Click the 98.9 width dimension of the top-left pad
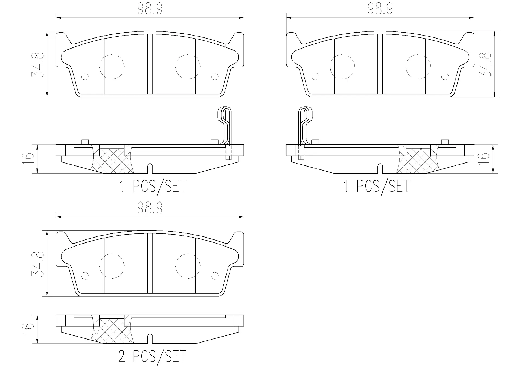[x=150, y=9]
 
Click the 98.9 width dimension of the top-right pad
[x=380, y=9]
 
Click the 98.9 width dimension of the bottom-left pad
[x=150, y=208]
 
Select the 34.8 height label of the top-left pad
[x=38, y=65]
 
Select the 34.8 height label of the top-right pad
[x=485, y=65]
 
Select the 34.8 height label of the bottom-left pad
[x=38, y=264]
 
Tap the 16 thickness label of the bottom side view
[x=28, y=329]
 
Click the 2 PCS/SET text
[x=152, y=356]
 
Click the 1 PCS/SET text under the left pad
[x=153, y=186]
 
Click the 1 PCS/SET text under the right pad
[x=377, y=186]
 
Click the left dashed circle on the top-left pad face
[x=112, y=66]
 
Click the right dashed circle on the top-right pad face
[x=418, y=66]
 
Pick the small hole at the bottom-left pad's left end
[x=85, y=276]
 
